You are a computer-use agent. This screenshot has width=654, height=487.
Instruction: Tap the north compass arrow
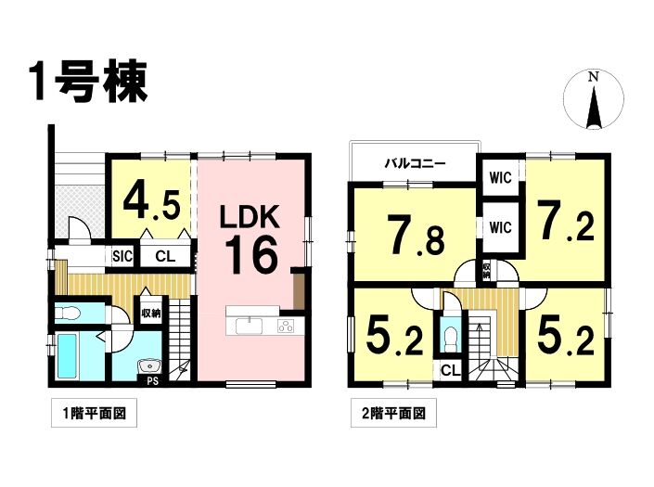click(594, 109)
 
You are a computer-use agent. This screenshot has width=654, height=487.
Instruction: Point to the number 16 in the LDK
click(251, 254)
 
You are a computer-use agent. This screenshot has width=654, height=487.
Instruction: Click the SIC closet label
click(122, 256)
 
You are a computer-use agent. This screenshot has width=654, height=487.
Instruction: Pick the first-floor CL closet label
click(165, 256)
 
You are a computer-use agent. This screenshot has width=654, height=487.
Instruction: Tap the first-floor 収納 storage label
click(150, 314)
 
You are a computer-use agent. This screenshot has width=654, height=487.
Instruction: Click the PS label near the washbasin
click(153, 380)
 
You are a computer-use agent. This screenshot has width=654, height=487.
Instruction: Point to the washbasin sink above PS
click(149, 365)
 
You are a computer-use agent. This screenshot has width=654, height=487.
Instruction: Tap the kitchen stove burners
click(286, 326)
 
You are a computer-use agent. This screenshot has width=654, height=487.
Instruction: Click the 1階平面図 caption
click(94, 413)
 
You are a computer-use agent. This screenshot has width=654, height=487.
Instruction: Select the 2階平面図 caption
click(393, 413)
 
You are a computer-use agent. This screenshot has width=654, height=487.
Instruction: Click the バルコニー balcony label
click(415, 163)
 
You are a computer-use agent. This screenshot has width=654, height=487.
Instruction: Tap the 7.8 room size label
click(416, 235)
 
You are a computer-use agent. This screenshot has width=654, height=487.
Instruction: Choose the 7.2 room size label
click(565, 221)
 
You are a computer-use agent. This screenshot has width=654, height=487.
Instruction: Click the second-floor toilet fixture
click(450, 337)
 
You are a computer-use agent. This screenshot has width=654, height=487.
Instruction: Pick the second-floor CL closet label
click(450, 370)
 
